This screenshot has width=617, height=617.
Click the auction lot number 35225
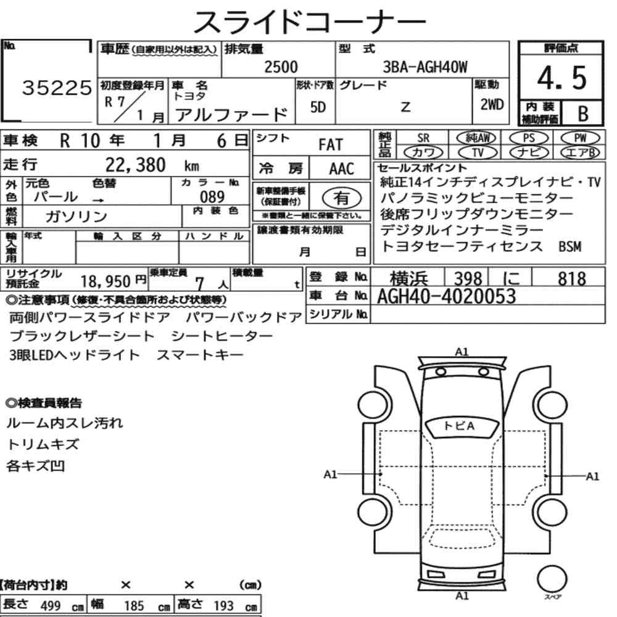57,88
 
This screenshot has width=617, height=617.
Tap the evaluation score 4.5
562,78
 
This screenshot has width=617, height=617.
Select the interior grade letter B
583,114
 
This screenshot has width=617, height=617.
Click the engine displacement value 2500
281,67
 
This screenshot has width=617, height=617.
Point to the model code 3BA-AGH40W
425,67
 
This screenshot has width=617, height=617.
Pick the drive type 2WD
492,104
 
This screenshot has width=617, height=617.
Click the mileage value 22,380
135,165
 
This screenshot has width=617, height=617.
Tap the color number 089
212,196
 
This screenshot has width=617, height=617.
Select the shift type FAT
331,144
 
